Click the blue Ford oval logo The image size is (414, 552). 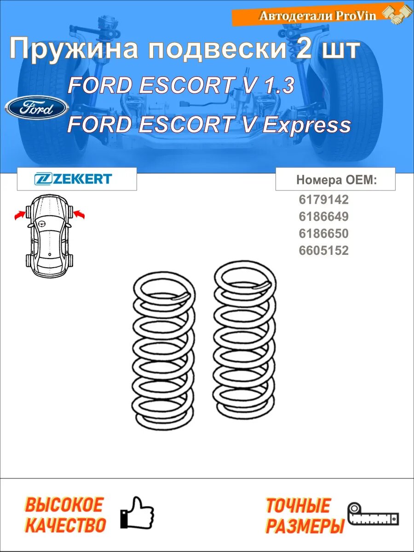(x=37, y=108)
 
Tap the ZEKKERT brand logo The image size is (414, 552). (x=73, y=178)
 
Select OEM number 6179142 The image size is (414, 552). (x=323, y=200)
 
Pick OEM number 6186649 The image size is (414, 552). (x=323, y=217)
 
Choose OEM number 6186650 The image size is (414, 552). (x=323, y=233)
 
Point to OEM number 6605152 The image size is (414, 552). (x=323, y=251)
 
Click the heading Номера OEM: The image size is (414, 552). (x=337, y=180)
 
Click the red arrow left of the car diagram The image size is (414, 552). (x=20, y=215)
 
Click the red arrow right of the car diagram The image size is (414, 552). (x=79, y=214)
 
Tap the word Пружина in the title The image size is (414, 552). (x=74, y=49)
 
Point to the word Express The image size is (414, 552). (x=306, y=125)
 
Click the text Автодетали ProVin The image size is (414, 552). (x=318, y=16)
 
